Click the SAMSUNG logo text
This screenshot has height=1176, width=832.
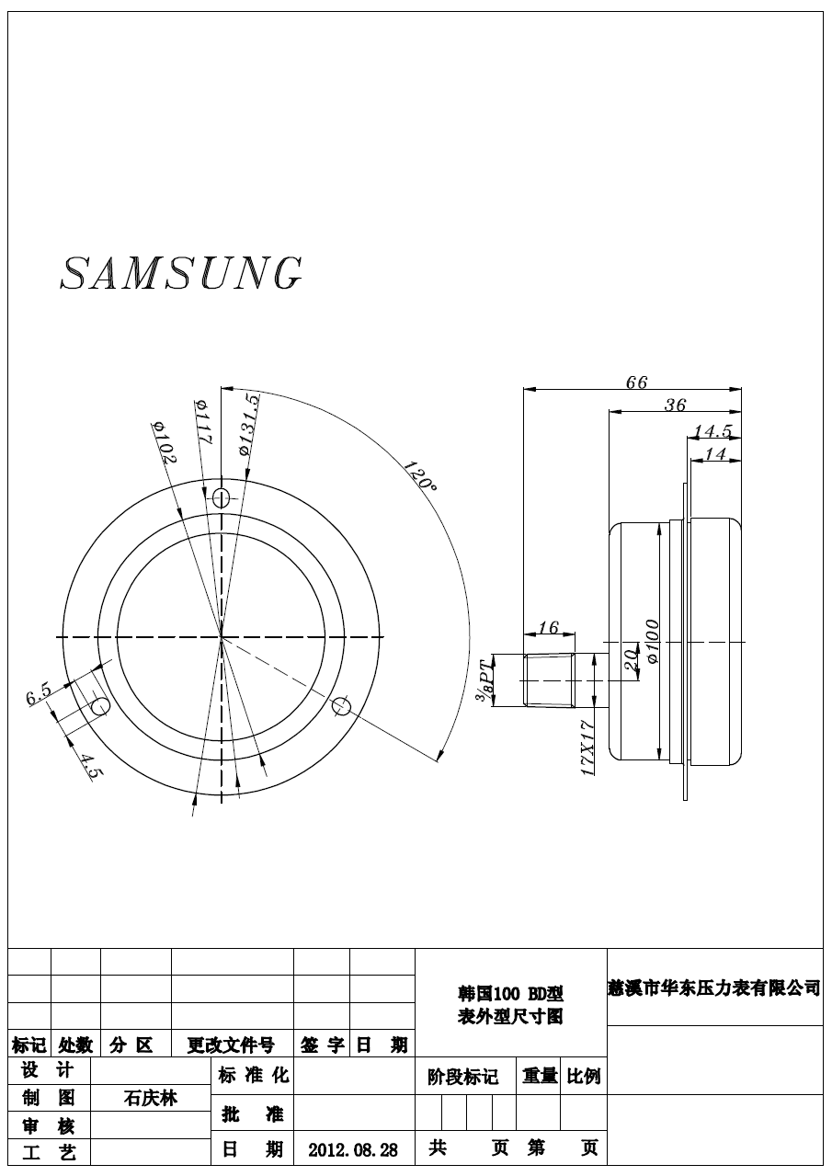181,273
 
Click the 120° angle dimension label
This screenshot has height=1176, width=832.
419,474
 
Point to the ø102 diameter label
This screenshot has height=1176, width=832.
165,442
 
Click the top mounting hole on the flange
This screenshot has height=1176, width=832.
221,497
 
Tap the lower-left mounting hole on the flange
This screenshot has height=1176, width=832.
100,705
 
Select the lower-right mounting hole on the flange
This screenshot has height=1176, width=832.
341,705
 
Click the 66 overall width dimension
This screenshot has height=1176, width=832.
636,382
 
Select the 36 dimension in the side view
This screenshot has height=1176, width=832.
675,405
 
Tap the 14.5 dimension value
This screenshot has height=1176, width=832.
712,430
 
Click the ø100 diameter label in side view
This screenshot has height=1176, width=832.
653,642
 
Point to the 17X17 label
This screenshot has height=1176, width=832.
589,749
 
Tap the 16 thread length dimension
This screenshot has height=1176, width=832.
548,628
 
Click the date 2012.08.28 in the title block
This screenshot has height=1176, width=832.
353,1150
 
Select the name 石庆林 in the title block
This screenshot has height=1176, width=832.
151,1098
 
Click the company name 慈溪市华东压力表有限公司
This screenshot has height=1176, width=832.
714,988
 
